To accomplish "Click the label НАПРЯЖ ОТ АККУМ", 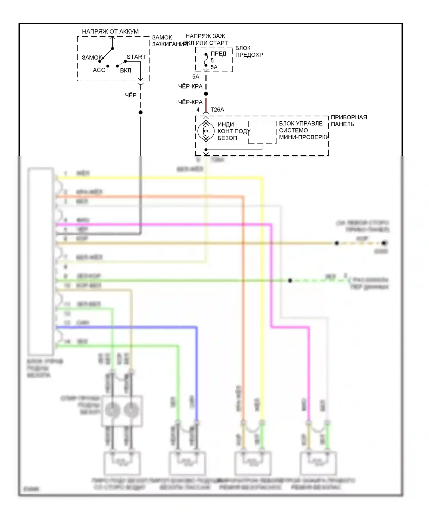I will click(x=110, y=31).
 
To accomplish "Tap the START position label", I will click(x=136, y=57).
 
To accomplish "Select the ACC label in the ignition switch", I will click(x=99, y=70).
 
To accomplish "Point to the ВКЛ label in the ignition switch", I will click(x=126, y=70).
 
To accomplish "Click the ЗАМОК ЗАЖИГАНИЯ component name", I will click(x=166, y=41).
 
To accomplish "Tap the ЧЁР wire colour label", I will click(x=131, y=95).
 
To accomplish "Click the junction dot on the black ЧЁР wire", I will click(x=140, y=112).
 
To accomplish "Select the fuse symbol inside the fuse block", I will click(x=206, y=60).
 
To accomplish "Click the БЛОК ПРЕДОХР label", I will click(x=249, y=51).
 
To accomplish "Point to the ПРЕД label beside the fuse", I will click(x=218, y=54).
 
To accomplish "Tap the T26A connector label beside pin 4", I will click(x=217, y=110).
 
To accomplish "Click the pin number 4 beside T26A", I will click(x=198, y=110).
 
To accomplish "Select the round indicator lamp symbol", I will click(x=206, y=131).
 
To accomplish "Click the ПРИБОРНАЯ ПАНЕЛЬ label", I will click(x=349, y=121).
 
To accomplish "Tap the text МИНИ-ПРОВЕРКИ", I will click(x=304, y=137).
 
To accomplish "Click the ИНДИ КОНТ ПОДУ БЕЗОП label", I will click(x=233, y=131).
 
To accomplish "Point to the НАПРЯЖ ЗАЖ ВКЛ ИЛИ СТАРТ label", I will click(x=205, y=39).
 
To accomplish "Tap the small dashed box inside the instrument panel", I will click(x=262, y=132).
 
